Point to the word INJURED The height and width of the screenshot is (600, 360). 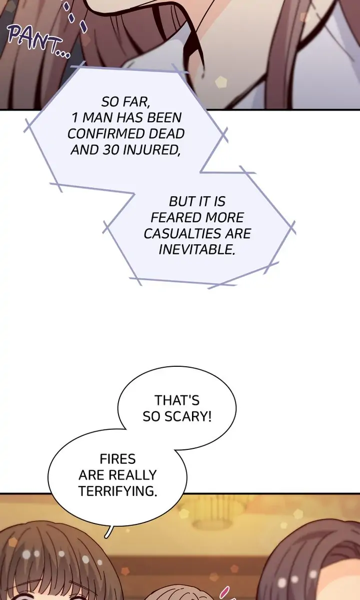pos(153,150)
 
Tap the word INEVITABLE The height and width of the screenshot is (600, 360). pos(196,250)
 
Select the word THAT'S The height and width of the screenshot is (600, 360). pos(177,400)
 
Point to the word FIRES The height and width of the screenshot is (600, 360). pos(117,458)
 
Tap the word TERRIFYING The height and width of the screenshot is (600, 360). pos(117,491)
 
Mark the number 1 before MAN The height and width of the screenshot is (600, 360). pos(74,118)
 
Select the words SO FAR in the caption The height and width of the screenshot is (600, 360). pos(125,102)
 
